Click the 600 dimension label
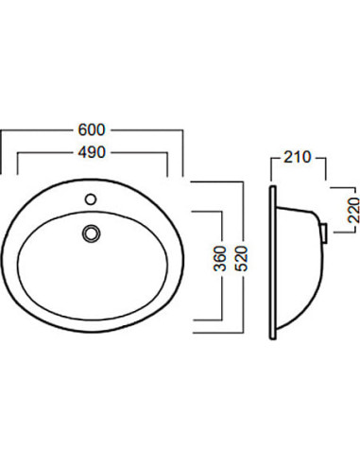(92, 129)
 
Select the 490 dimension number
(92, 153)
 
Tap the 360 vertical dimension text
(220, 259)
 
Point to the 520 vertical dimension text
(242, 259)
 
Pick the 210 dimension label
(298, 157)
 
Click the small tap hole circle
(91, 199)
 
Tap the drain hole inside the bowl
(92, 233)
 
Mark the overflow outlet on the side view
(324, 232)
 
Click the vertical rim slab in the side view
(273, 263)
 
